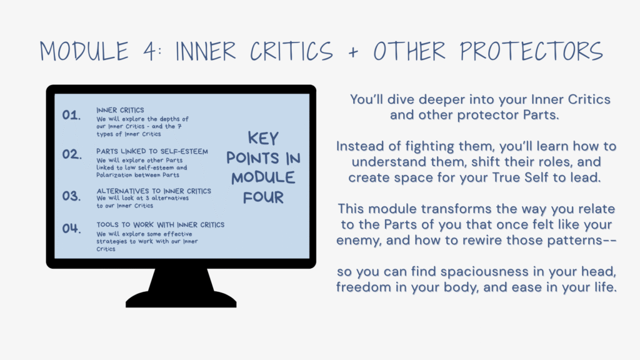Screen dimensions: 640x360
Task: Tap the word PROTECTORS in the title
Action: pos(531,51)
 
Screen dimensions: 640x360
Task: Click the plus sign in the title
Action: pos(354,52)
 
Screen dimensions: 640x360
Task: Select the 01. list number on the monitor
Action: pos(71,115)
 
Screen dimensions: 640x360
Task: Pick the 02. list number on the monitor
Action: pos(72,154)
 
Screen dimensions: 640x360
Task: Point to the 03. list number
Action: pos(71,196)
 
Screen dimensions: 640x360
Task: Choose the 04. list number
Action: pos(71,228)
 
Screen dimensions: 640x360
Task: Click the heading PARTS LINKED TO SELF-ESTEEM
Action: pos(152,151)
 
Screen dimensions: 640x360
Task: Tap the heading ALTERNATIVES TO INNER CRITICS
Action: pos(154,191)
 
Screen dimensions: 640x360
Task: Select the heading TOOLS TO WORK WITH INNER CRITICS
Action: pos(161,225)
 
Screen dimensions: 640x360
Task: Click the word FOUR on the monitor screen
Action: pos(263,197)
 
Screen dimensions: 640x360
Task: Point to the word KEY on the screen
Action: pos(263,138)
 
